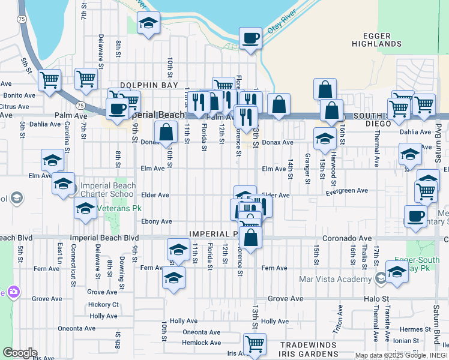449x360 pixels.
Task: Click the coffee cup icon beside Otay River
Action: tap(250, 38)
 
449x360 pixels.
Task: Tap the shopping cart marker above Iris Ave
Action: tap(255, 344)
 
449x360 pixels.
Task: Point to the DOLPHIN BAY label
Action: tap(149, 86)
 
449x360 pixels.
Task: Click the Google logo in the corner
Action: tap(20, 353)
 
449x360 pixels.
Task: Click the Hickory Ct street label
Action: tap(103, 305)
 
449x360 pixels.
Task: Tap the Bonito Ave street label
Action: tap(20, 95)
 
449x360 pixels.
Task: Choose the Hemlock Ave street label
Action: tap(201, 343)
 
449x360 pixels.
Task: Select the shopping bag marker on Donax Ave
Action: tap(166, 133)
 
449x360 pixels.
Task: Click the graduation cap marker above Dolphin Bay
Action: tap(148, 25)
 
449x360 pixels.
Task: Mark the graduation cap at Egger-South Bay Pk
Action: tap(397, 272)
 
